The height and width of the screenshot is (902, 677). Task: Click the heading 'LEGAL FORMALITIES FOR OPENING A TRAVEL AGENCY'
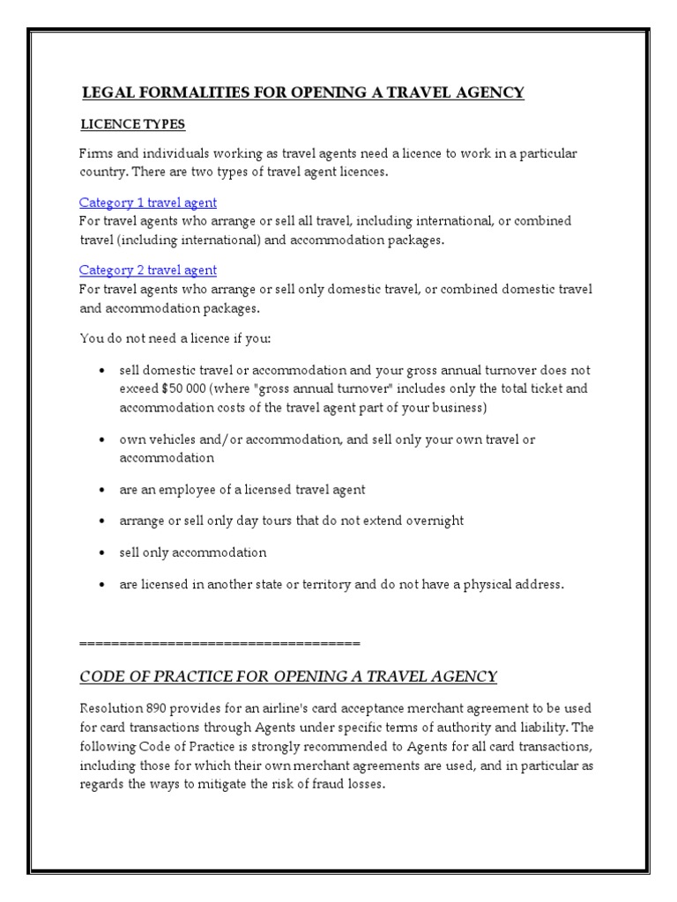tap(302, 92)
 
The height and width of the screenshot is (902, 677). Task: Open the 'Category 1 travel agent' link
tap(147, 203)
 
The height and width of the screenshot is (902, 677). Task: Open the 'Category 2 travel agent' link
tap(147, 270)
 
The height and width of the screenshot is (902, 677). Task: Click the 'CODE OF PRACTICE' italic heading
tap(288, 676)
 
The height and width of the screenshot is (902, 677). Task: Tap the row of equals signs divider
tap(219, 642)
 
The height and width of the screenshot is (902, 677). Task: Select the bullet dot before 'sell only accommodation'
tap(105, 553)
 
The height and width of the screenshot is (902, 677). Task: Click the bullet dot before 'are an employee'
tap(105, 490)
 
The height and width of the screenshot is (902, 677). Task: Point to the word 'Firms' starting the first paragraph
tap(95, 153)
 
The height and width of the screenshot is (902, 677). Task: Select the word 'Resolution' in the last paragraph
tap(108, 709)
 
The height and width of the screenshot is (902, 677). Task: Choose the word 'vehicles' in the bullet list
tap(174, 439)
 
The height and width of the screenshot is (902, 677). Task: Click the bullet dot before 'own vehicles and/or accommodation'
tap(105, 440)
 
